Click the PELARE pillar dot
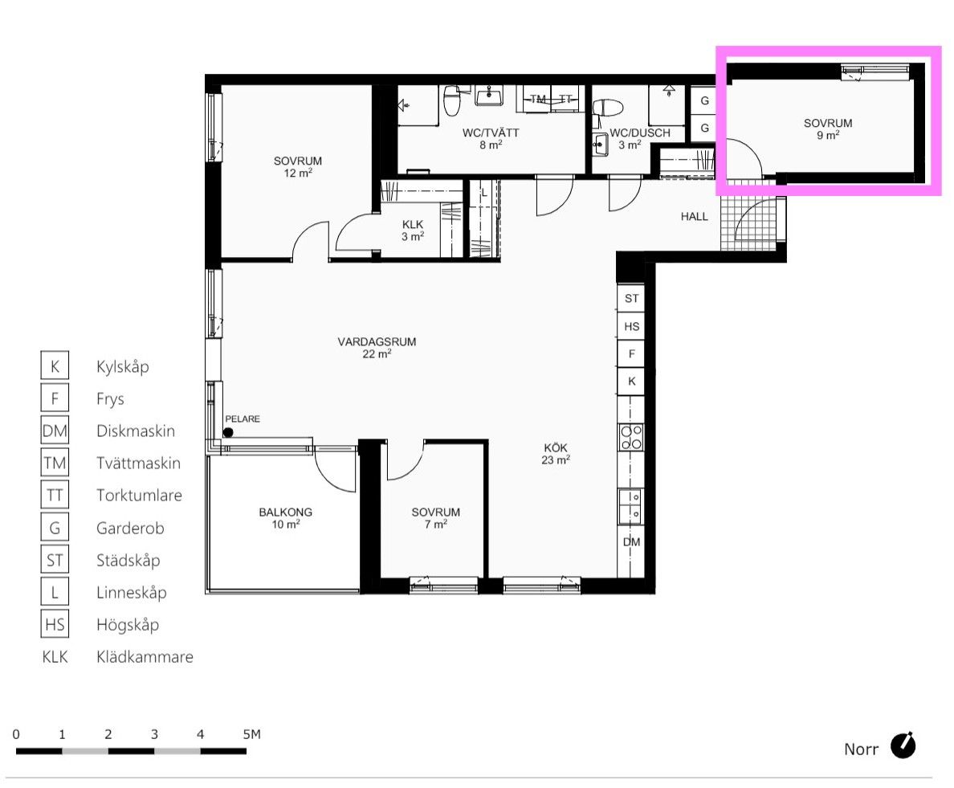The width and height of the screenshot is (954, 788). tap(228, 433)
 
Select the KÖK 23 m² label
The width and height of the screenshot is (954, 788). tap(556, 454)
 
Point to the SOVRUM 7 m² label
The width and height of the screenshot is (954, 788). tap(435, 518)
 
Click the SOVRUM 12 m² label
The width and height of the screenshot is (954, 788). tap(297, 167)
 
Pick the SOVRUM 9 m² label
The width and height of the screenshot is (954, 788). tap(828, 129)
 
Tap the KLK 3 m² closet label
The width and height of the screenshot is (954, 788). tap(413, 231)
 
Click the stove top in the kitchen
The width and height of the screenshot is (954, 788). tap(631, 438)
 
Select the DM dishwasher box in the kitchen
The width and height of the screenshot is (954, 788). tap(631, 541)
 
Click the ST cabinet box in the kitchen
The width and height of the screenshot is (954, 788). tap(631, 298)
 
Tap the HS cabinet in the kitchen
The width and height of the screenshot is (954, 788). tap(631, 326)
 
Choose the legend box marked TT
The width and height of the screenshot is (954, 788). tap(55, 496)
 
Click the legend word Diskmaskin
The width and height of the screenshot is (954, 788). tap(136, 431)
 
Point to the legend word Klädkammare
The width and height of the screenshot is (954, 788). tap(145, 656)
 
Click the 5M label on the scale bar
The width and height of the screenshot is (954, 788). tap(251, 734)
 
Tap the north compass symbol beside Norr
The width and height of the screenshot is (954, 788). tap(903, 745)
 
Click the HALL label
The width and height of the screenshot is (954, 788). tap(694, 216)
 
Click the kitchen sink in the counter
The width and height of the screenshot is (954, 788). tap(631, 506)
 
